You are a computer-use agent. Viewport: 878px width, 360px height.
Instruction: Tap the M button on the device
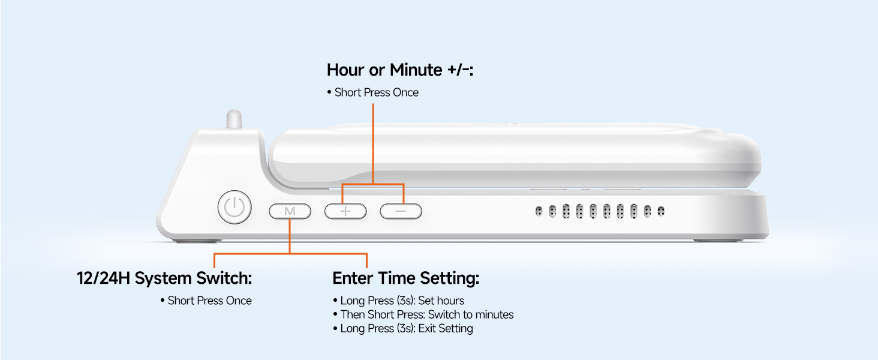coord(290,211)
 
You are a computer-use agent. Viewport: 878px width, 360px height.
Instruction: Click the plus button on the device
coord(345,211)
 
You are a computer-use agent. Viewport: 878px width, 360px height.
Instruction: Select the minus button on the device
coord(401,211)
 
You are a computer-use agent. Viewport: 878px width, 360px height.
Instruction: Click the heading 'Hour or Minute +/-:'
coord(400,70)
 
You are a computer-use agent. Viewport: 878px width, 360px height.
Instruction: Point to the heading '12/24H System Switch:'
coord(164,278)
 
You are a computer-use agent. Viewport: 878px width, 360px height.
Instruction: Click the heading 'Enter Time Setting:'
coord(405,278)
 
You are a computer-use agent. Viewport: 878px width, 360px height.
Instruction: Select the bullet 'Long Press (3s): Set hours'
coord(398,301)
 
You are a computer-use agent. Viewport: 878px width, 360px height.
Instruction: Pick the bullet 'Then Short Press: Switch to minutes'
coord(423,314)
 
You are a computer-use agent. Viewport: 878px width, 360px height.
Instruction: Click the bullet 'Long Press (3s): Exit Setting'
coord(403,328)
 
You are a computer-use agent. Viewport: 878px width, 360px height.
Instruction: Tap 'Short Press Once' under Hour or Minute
coord(373,92)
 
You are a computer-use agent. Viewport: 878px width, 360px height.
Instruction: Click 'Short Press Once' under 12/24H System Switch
coord(206,301)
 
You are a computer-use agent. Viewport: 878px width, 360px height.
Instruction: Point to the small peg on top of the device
coord(234,119)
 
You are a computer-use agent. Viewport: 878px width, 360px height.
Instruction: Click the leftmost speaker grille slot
coord(539,211)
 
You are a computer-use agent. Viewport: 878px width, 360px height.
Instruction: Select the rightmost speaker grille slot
coord(661,211)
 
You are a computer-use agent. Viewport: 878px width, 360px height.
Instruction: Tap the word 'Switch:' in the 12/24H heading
coord(224,278)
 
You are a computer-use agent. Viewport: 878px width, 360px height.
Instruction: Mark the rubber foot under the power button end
coord(198,241)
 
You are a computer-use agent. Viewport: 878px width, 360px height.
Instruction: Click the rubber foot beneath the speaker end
coord(717,240)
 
